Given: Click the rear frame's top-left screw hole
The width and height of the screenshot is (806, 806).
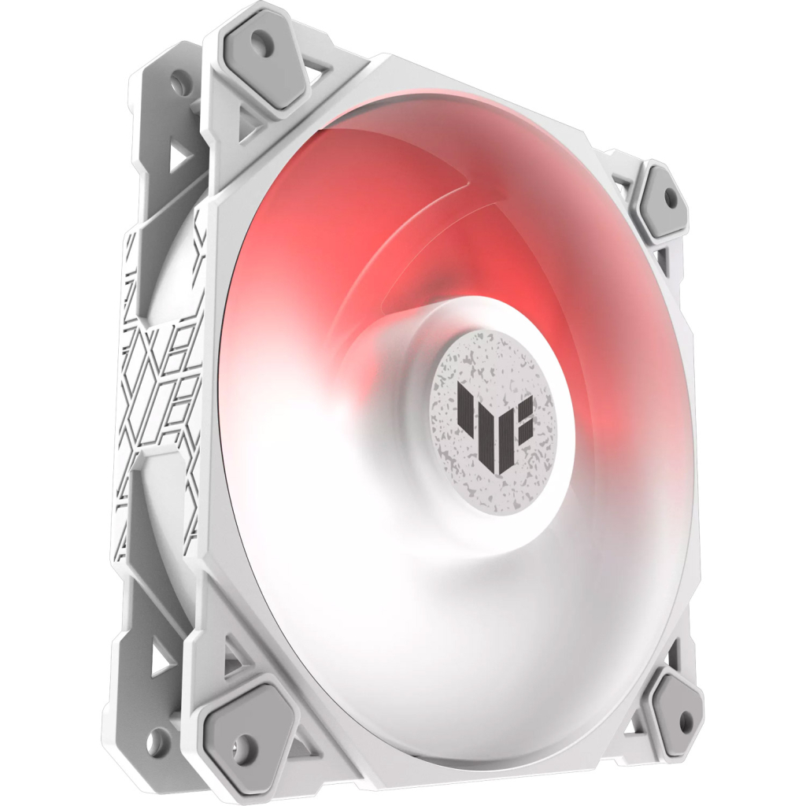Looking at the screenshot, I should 180,79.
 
